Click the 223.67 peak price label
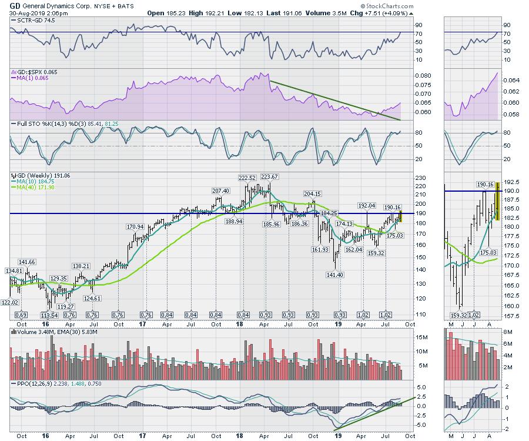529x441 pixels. coord(269,177)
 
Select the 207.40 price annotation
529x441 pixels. coord(220,191)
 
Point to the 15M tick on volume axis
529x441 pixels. coord(423,338)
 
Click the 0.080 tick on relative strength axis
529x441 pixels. coord(423,76)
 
